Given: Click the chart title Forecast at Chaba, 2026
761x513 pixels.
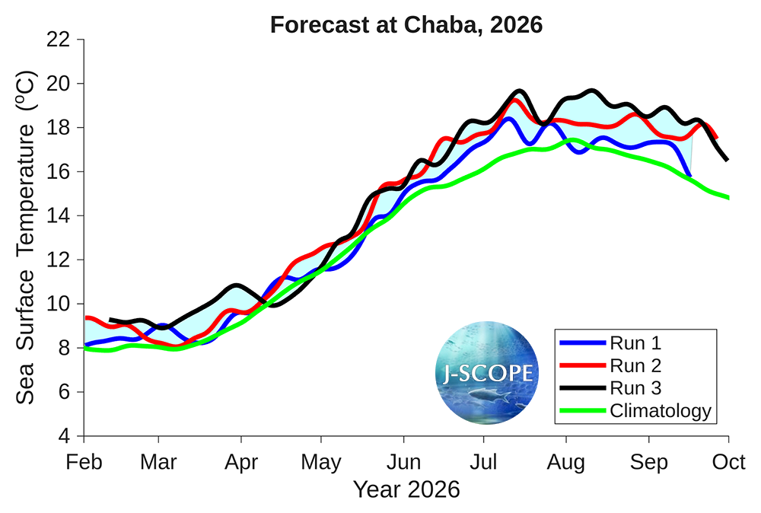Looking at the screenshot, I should click(x=406, y=24).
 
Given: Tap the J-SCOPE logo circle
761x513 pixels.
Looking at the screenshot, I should click(x=488, y=372).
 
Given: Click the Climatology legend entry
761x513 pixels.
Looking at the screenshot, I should click(x=660, y=411).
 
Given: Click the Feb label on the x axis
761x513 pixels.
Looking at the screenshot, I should click(x=84, y=462).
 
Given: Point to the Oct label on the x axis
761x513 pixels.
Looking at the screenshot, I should click(x=729, y=462).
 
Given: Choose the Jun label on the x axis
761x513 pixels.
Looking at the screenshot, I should click(x=403, y=462).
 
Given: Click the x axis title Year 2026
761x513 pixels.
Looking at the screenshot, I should click(x=406, y=489).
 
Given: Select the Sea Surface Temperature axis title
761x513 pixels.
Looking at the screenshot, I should click(x=26, y=237).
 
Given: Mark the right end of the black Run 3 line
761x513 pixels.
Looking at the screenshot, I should click(x=728, y=160).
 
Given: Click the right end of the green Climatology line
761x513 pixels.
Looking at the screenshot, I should click(x=728, y=198).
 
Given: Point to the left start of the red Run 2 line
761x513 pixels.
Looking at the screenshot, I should click(x=85, y=317).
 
